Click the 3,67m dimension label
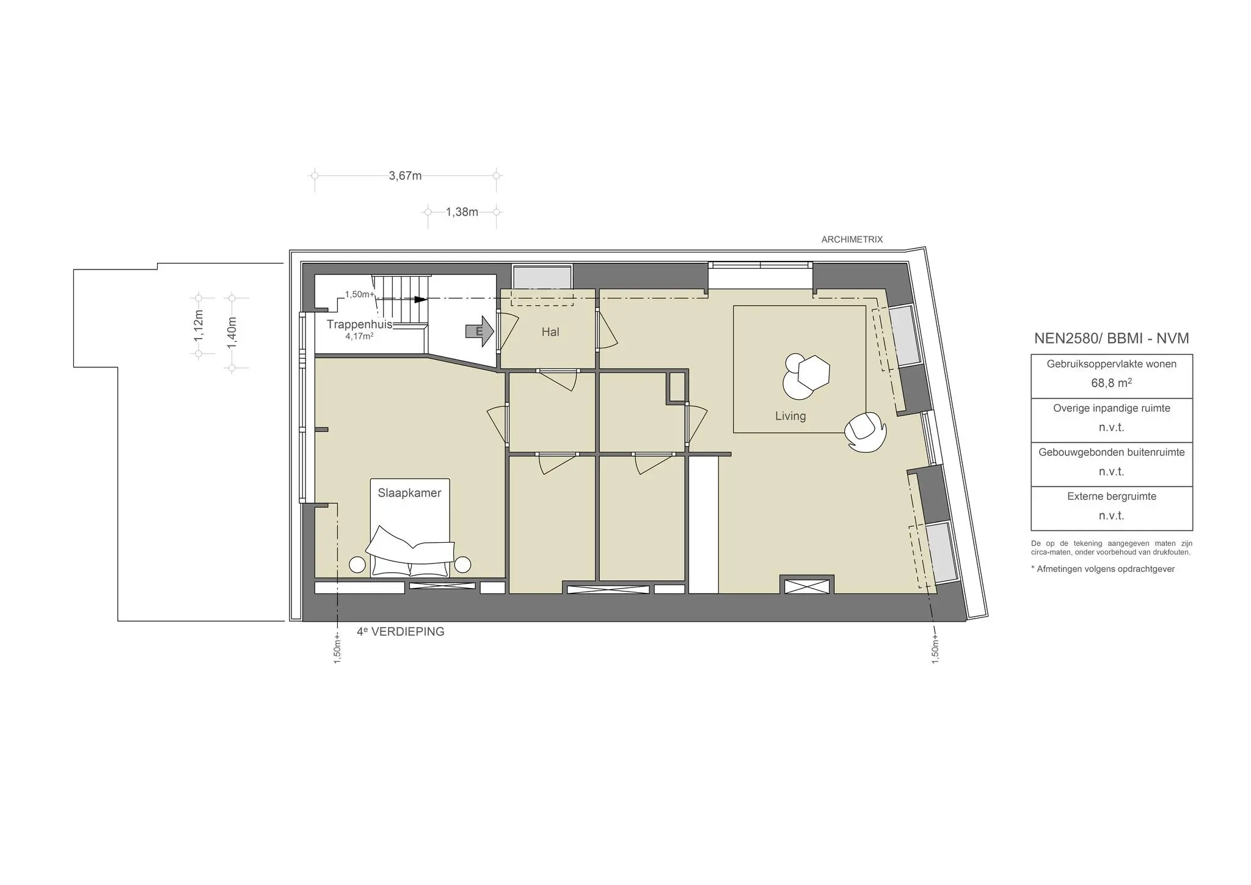click(x=405, y=176)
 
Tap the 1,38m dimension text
click(x=462, y=212)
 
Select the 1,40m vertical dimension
click(x=232, y=332)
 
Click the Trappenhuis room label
click(x=359, y=325)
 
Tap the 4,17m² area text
click(x=359, y=336)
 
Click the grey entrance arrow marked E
click(x=480, y=331)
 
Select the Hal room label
click(x=550, y=332)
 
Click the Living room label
click(x=790, y=416)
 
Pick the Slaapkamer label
click(x=409, y=493)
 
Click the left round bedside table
click(x=357, y=565)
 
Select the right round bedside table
click(x=463, y=565)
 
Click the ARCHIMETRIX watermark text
click(x=852, y=240)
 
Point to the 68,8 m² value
click(x=1111, y=383)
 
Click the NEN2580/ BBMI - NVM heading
click(x=1111, y=339)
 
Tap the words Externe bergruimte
click(x=1111, y=496)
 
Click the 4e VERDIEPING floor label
click(x=401, y=632)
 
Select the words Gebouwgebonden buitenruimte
click(x=1111, y=452)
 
